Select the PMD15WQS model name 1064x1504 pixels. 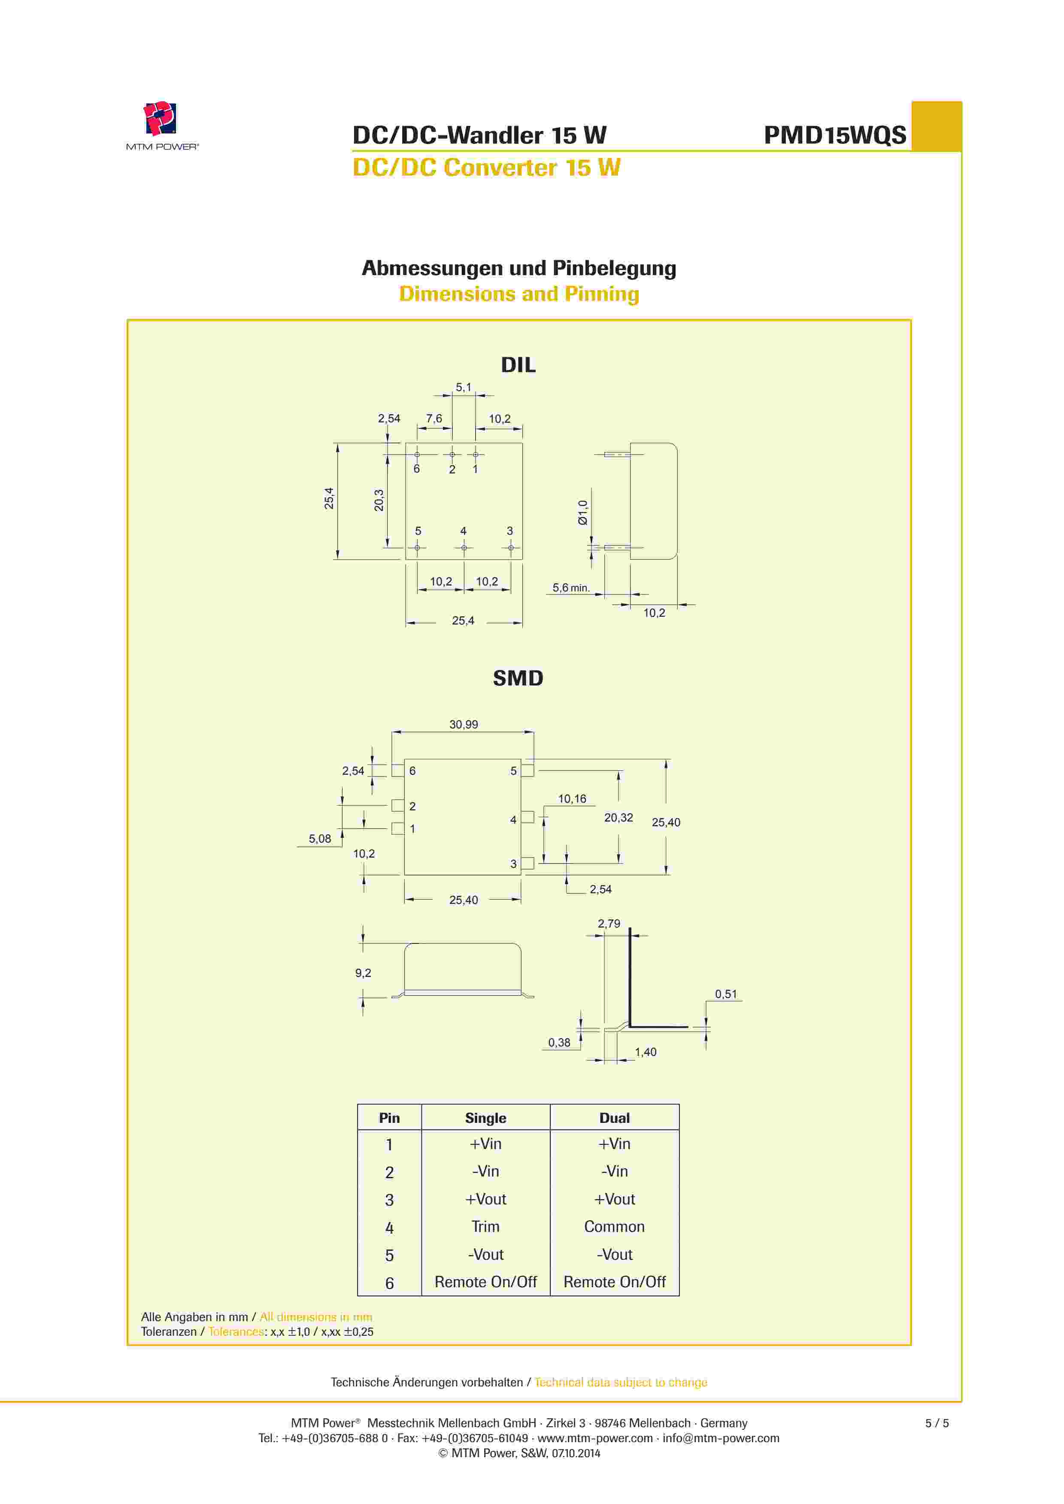(835, 135)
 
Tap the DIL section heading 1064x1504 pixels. (518, 365)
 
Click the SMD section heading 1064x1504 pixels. (518, 678)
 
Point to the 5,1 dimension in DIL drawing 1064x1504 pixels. (463, 387)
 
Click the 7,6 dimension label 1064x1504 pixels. (434, 418)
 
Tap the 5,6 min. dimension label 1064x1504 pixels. (571, 588)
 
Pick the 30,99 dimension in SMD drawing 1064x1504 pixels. (463, 725)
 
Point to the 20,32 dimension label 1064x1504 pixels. (618, 818)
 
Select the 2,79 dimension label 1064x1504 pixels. (609, 924)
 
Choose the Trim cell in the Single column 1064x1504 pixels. (485, 1226)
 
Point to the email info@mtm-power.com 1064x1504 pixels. (721, 1438)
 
